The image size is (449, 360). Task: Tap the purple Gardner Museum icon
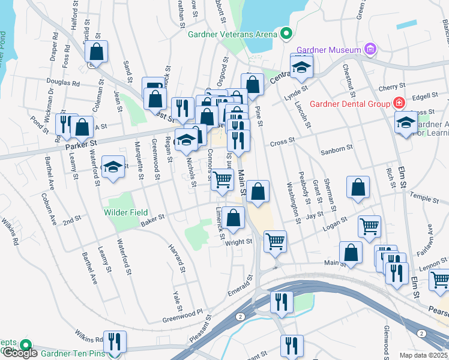370,49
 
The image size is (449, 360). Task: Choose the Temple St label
424,196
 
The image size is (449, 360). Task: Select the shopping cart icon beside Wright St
275,241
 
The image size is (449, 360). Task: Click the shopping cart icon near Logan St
369,226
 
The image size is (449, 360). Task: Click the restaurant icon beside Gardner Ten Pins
115,342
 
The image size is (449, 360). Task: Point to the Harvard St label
175,256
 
